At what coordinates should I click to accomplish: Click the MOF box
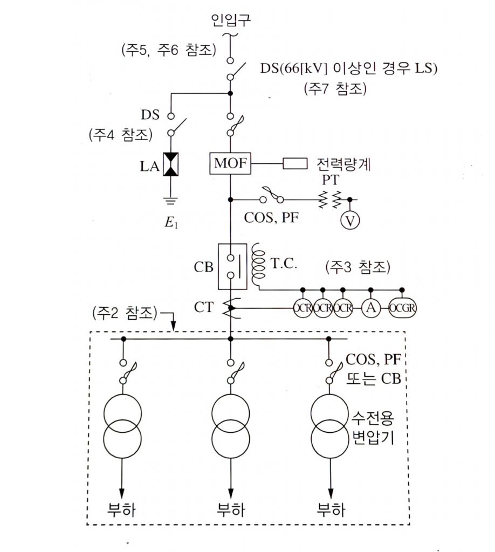[230, 164]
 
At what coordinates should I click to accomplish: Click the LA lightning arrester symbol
[171, 164]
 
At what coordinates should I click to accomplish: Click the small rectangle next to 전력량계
[295, 163]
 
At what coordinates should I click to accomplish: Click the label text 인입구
[231, 21]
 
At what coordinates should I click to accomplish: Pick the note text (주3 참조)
[357, 267]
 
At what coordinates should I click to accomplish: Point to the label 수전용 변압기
[373, 426]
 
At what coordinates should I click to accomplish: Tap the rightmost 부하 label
[331, 509]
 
